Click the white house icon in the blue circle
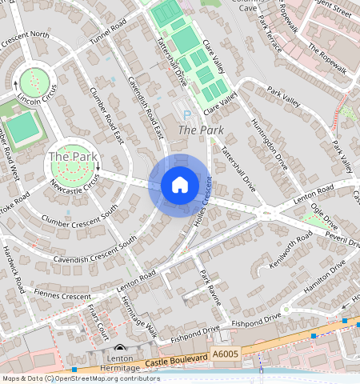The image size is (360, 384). point(180,186)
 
